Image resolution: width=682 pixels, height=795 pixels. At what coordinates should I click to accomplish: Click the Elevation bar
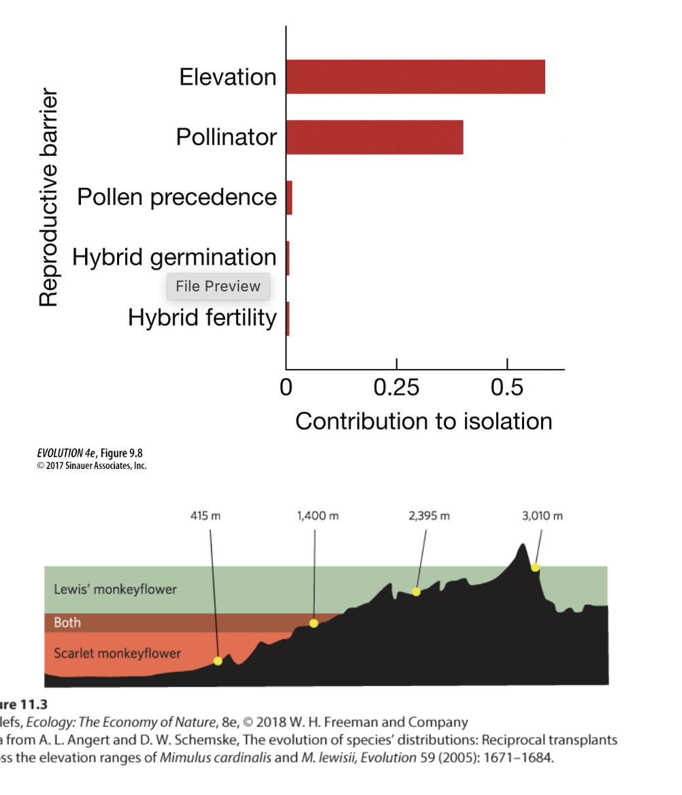(415, 77)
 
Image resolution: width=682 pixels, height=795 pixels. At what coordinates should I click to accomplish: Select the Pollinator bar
(374, 137)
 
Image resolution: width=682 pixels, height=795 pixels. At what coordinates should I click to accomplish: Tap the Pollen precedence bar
(289, 197)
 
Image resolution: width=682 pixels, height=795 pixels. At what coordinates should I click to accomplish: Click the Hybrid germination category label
(174, 257)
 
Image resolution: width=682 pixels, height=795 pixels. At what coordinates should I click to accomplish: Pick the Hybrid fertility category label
(202, 318)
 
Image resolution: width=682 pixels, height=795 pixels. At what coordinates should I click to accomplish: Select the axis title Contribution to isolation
(423, 421)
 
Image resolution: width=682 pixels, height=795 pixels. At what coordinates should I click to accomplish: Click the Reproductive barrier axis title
(48, 197)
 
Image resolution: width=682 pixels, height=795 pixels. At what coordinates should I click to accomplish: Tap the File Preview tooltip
(218, 287)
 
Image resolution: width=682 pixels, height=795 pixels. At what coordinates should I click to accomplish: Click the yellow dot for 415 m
(218, 661)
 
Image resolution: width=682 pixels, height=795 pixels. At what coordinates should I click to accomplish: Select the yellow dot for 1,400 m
(313, 623)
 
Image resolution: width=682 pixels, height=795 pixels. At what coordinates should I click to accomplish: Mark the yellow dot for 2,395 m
(417, 591)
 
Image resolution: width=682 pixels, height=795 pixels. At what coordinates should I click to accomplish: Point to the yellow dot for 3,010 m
(535, 567)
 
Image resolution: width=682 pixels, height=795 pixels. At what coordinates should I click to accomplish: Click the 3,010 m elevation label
(542, 516)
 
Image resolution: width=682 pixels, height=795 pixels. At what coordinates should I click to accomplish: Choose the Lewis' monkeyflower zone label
(115, 589)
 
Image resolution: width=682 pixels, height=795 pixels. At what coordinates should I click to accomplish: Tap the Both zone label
(67, 622)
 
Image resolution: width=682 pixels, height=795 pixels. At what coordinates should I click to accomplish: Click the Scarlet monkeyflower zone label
(117, 653)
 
